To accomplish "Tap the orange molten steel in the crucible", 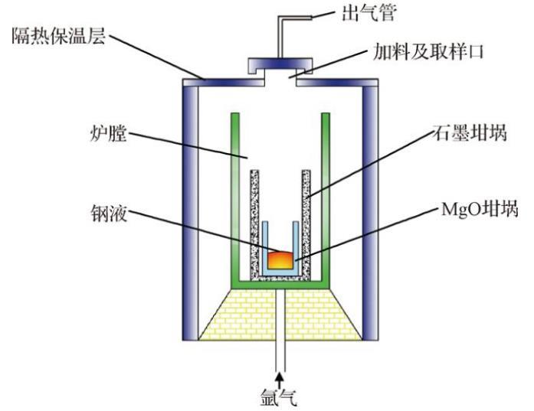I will (280, 259).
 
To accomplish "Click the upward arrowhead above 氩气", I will (281, 377).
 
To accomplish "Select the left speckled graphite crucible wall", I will (255, 222).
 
